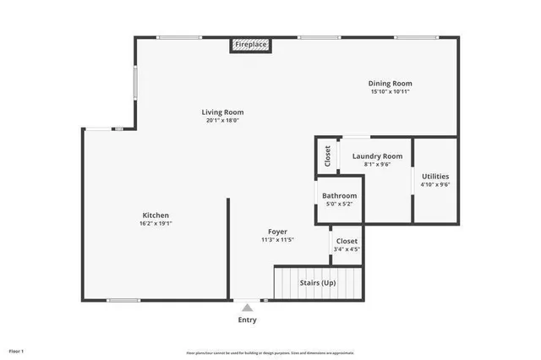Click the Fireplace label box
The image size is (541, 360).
click(251, 44)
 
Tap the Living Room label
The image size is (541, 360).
click(223, 112)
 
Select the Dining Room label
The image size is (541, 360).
click(390, 83)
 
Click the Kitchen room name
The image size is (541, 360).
click(156, 215)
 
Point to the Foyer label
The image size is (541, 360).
click(277, 232)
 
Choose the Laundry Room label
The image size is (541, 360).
click(377, 156)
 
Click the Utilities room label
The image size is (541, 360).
click(436, 177)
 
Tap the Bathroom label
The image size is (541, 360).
click(339, 196)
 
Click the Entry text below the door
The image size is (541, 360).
click(247, 320)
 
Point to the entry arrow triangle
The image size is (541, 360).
click(247, 308)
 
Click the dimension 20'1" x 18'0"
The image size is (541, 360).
click(223, 120)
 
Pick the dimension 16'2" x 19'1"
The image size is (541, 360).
click(156, 224)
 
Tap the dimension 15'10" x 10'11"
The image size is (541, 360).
click(390, 91)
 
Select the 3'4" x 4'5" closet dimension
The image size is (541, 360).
click(347, 249)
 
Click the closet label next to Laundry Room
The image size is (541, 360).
click(327, 156)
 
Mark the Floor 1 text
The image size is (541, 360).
click(17, 350)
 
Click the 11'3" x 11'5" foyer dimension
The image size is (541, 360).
click(277, 240)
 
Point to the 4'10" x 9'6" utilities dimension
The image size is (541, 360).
click(436, 185)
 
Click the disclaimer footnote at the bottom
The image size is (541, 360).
click(270, 352)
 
